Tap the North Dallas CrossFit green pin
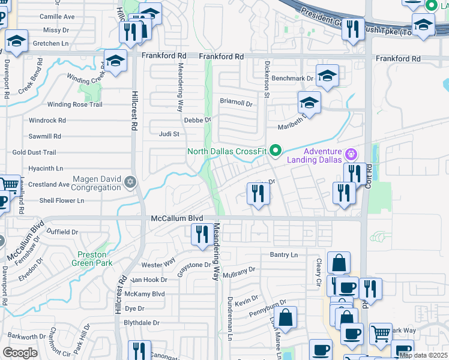(276, 151)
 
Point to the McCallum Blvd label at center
(177, 219)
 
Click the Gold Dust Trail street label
(34, 153)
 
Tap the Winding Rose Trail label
(75, 104)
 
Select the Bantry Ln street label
(283, 255)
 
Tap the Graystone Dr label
(194, 265)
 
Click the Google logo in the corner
(20, 353)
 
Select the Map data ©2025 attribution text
(424, 356)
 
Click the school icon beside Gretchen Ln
(16, 41)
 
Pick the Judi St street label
(169, 134)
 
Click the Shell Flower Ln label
(62, 200)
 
